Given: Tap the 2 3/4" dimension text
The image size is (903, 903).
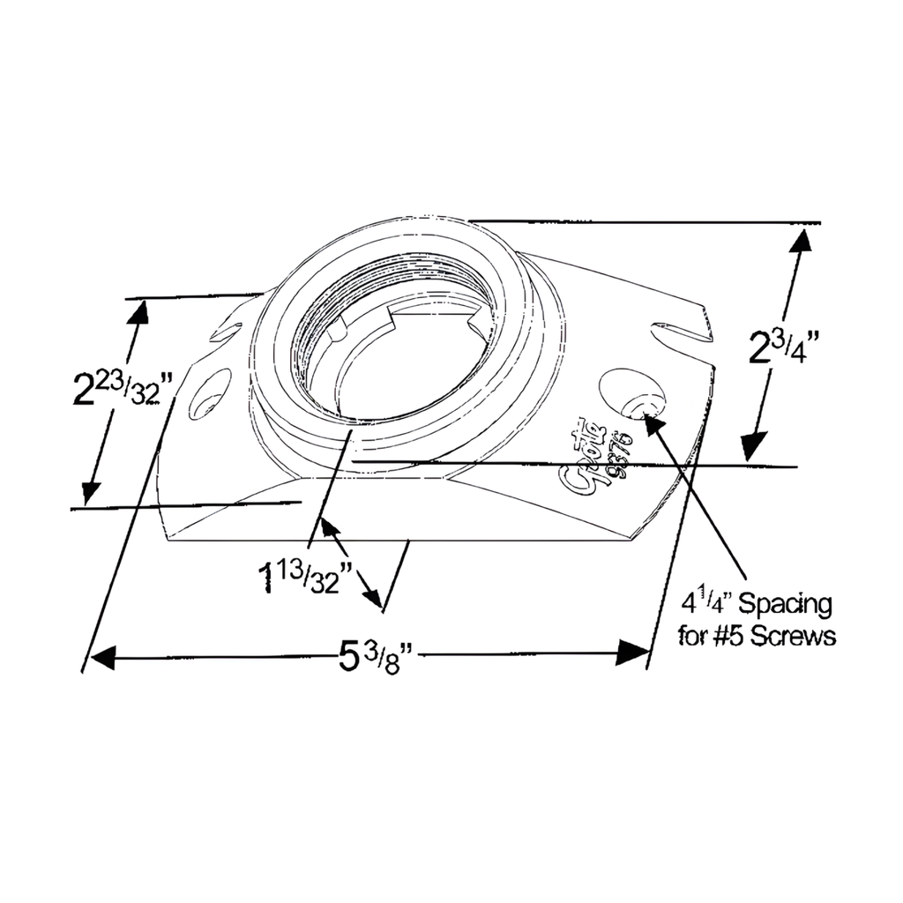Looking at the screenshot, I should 780,347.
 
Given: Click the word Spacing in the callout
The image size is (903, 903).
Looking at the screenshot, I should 784,605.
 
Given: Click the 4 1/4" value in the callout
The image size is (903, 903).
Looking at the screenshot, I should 705,604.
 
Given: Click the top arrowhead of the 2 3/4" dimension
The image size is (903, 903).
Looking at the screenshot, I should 801,242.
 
